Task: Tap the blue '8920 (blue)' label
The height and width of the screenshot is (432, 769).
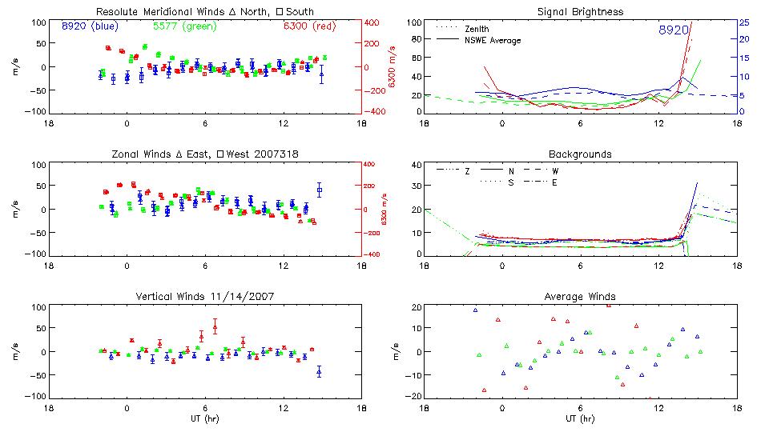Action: [90, 26]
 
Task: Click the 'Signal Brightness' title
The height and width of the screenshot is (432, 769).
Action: [582, 12]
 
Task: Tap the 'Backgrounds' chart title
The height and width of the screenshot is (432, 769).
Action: [580, 154]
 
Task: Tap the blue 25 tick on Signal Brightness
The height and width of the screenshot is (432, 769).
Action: [743, 22]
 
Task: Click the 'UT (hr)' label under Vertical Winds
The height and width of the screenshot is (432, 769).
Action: [205, 418]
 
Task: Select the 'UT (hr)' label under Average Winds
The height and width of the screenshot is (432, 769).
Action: [582, 418]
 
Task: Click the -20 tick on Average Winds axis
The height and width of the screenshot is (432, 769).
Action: [414, 395]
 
